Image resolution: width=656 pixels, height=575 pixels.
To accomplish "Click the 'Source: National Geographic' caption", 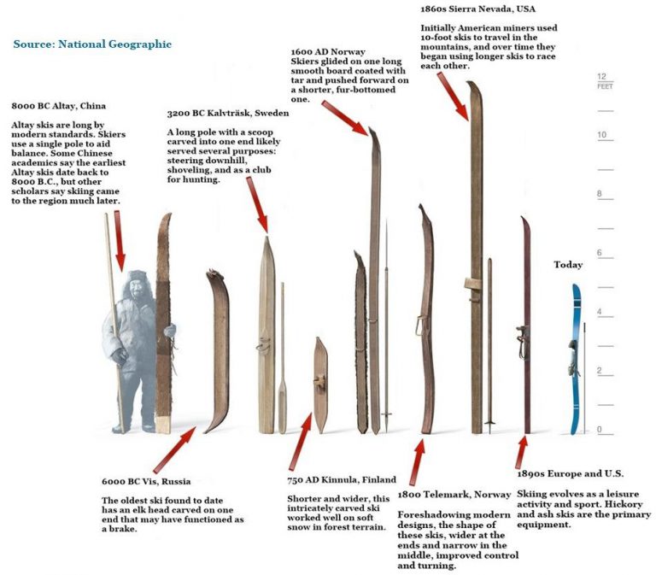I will [92, 44].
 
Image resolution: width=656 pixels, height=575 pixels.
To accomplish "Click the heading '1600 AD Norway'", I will [329, 52].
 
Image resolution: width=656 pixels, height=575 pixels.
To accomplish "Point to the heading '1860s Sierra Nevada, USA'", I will [478, 9].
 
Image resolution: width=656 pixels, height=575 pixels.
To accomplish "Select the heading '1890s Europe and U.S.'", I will [570, 472].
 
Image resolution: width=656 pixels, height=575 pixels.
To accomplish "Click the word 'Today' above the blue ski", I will [568, 265].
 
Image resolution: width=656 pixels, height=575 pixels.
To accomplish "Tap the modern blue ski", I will [576, 359].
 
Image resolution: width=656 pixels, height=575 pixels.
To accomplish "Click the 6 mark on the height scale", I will [602, 254].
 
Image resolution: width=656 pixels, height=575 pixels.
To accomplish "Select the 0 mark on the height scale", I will [602, 430].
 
